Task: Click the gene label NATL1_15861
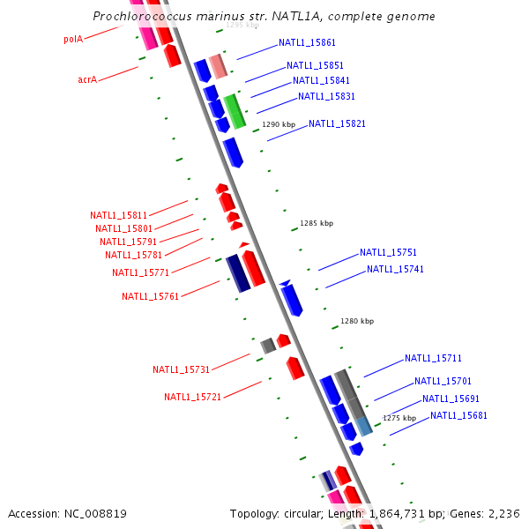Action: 307,42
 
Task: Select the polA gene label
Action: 73,39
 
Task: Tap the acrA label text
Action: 87,79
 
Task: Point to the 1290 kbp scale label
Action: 277,124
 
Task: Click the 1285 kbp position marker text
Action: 317,223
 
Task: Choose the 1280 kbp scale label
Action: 357,321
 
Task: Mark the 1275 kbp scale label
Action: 399,418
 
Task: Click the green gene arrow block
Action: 235,111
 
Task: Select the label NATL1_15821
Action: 337,123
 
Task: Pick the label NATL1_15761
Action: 150,296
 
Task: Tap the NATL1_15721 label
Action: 192,397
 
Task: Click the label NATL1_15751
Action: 388,252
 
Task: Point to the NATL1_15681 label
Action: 458,415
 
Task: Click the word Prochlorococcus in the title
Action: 134,17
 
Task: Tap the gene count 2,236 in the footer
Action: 504,513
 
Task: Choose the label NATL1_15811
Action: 118,215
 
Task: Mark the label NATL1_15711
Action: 433,358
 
